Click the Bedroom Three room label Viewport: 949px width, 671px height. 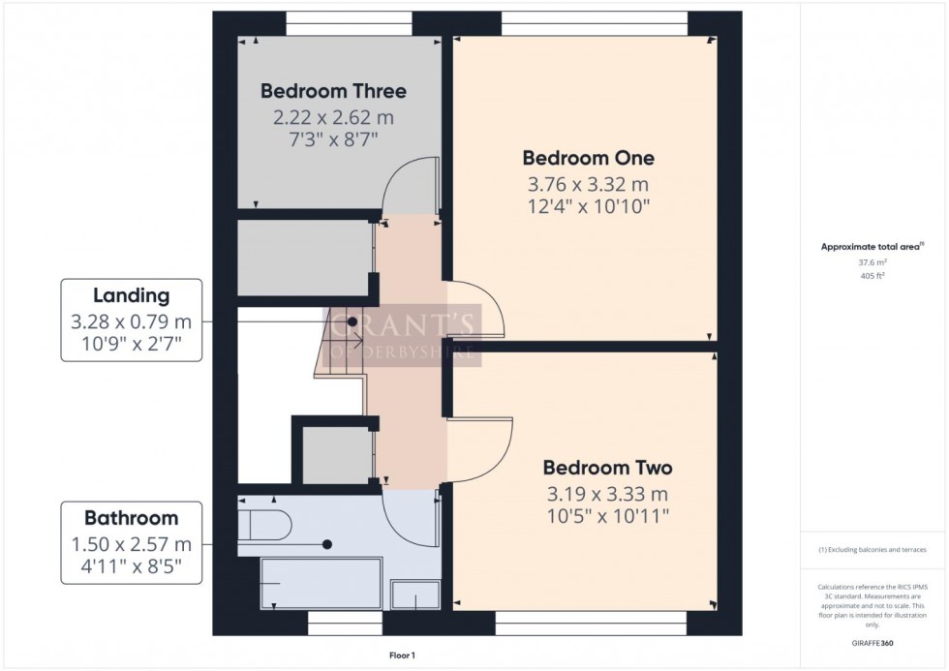[x=333, y=92]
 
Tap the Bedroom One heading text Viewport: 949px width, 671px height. [x=588, y=158]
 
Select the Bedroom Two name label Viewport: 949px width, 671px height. [x=607, y=468]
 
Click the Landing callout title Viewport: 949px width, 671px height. [x=131, y=296]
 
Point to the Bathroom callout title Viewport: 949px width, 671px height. [x=131, y=518]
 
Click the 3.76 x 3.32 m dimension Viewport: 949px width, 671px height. [x=587, y=184]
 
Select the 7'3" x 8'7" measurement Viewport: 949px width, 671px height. [x=333, y=140]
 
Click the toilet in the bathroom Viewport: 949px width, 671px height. [x=265, y=525]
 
